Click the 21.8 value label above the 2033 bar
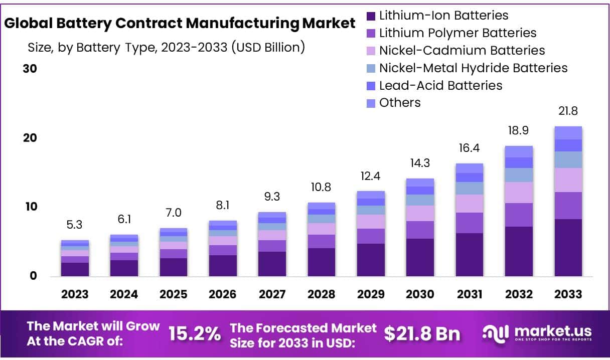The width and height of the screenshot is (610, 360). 568,111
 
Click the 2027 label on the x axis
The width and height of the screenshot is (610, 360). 272,294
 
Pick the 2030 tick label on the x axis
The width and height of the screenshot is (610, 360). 420,294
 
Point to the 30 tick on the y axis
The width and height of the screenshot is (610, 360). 30,69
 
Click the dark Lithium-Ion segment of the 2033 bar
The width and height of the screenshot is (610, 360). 568,248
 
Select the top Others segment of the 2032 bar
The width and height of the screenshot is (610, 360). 519,151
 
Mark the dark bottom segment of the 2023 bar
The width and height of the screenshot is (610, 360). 75,269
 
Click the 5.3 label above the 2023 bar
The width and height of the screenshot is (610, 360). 75,225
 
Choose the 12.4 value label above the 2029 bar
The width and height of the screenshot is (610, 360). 371,176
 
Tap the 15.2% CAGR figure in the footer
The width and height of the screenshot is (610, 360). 194,333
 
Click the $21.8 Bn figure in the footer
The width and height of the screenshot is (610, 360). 422,334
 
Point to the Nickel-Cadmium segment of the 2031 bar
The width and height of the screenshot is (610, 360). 470,204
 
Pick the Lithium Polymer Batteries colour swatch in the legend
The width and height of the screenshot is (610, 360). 371,34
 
